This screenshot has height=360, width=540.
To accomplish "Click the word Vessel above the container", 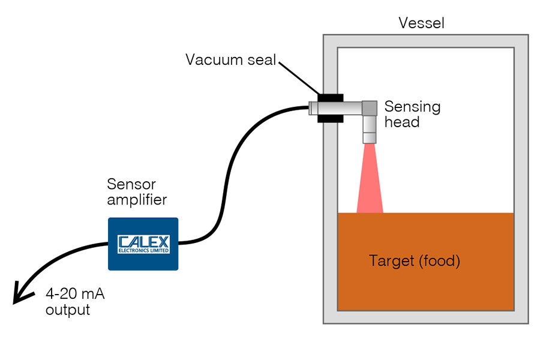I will pos(422,24).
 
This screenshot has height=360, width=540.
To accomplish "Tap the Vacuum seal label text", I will pos(230,60).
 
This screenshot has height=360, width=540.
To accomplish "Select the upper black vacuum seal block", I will pos(330,97).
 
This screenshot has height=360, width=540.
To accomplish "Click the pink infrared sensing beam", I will pos(370,186).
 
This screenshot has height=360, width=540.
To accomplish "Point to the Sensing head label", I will pos(412,114).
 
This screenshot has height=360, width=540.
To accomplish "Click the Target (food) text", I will pos(415,262).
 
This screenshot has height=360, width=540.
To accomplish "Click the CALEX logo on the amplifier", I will pos(144,241).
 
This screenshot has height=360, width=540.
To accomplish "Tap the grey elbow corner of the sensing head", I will pos(369,108).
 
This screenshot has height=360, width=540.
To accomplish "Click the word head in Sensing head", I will pos(401,122).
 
